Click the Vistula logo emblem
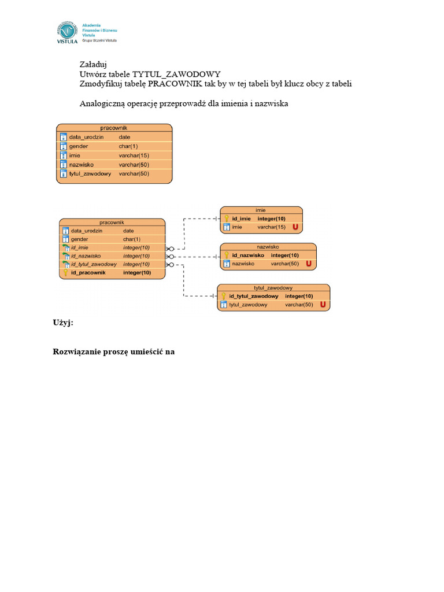pyautogui.click(x=68, y=32)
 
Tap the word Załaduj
pyautogui.click(x=93, y=64)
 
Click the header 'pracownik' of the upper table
pyautogui.click(x=113, y=127)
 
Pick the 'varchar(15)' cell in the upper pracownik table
pyautogui.click(x=134, y=156)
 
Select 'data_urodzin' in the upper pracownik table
pyautogui.click(x=86, y=137)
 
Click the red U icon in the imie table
pyautogui.click(x=295, y=227)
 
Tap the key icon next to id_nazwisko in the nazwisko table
pyautogui.click(x=226, y=255)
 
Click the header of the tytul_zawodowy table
pyautogui.click(x=273, y=287)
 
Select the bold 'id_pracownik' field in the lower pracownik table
pyautogui.click(x=88, y=272)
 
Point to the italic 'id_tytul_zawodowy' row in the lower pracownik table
pyautogui.click(x=94, y=264)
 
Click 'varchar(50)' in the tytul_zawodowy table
pyautogui.click(x=299, y=304)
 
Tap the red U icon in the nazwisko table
pyautogui.click(x=309, y=264)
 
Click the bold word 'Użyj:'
pyautogui.click(x=64, y=324)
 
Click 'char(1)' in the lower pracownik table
pyautogui.click(x=131, y=239)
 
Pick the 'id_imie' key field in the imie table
pyautogui.click(x=241, y=219)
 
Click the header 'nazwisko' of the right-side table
pyautogui.click(x=268, y=246)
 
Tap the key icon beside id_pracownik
pyautogui.click(x=65, y=272)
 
